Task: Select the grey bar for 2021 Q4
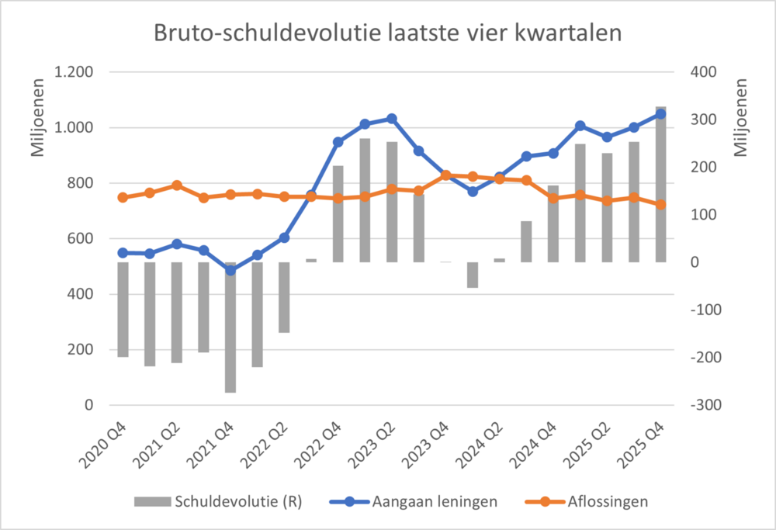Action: coord(230,327)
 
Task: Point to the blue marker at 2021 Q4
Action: coord(230,270)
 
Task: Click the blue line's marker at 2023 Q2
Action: coord(392,119)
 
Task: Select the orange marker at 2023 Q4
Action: coord(445,175)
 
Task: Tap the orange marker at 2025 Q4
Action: coord(660,205)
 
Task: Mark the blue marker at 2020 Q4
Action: coord(123,252)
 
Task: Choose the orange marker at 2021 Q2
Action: coord(177,185)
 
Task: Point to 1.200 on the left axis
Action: coord(72,72)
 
